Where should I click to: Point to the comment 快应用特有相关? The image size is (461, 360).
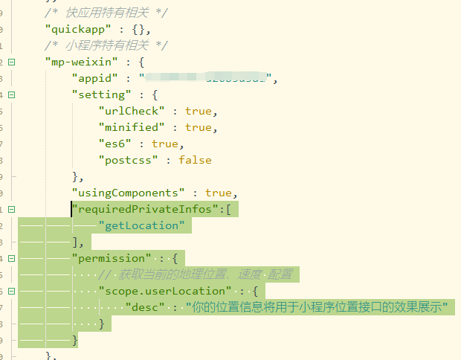(x=106, y=13)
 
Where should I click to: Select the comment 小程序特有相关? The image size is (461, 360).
(x=106, y=45)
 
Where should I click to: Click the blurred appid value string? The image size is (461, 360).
(x=207, y=78)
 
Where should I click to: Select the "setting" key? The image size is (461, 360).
(x=99, y=94)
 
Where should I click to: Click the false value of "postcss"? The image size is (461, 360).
(x=195, y=160)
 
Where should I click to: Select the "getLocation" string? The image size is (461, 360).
(x=141, y=225)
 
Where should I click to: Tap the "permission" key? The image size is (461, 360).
(x=109, y=258)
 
